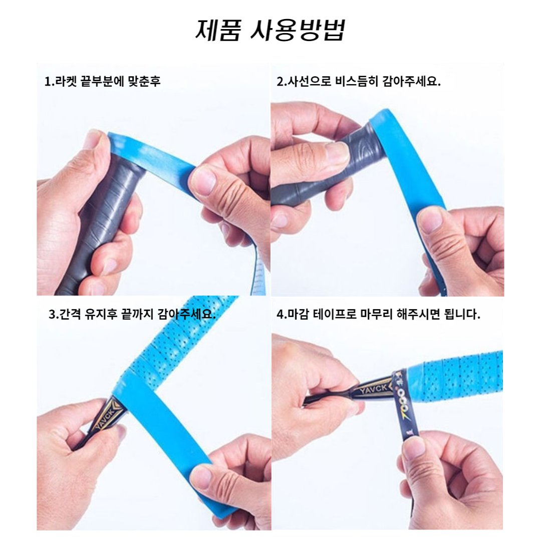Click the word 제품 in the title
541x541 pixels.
click(218, 31)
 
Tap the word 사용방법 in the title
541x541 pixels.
click(297, 31)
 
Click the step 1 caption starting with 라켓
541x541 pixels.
click(103, 82)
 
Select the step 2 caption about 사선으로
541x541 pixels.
click(359, 82)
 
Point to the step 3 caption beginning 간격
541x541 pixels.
click(132, 314)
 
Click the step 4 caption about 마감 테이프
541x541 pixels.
click(378, 314)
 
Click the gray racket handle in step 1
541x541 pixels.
click(101, 221)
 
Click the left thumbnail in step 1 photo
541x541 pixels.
click(95, 139)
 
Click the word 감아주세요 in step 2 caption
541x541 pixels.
click(412, 82)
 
